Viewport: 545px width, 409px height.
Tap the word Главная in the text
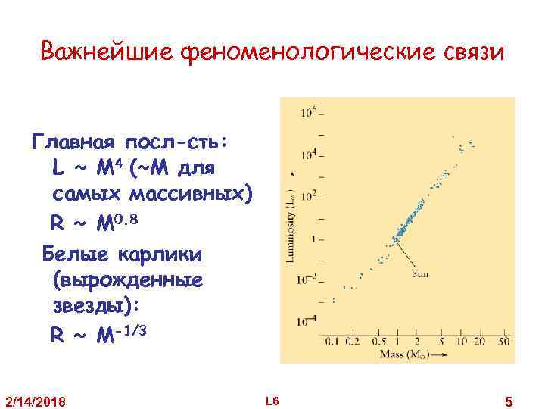71,142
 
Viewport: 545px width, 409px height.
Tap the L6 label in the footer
272,399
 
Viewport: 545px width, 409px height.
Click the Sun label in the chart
419,273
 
